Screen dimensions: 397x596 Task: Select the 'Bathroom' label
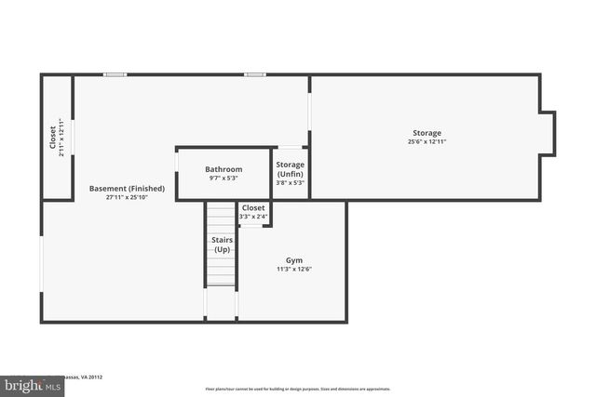(x=223, y=169)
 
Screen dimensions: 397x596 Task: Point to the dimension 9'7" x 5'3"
(x=223, y=179)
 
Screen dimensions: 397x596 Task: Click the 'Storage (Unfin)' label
(x=290, y=168)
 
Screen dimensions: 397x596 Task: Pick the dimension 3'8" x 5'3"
(x=290, y=182)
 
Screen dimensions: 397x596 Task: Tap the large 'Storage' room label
(x=427, y=133)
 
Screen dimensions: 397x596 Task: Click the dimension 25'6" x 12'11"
(x=427, y=142)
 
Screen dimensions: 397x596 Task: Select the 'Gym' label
(x=293, y=260)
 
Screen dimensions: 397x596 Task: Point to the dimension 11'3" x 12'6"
(x=293, y=270)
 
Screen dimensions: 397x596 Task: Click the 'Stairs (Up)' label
(x=222, y=245)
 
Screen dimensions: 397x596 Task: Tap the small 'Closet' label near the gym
(x=253, y=208)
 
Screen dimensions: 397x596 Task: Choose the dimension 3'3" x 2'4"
(x=253, y=217)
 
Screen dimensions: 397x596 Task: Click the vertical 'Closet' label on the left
(x=52, y=138)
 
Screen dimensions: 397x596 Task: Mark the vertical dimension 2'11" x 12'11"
(x=61, y=138)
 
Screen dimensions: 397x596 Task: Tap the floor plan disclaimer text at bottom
(x=297, y=389)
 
